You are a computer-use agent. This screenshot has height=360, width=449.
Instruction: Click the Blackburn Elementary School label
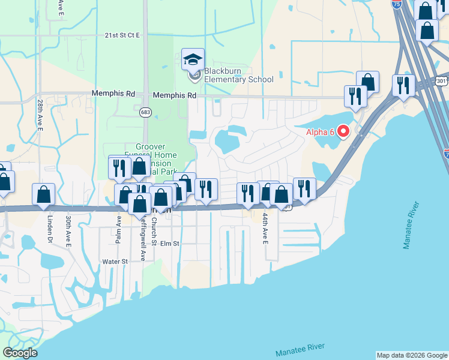[238, 75]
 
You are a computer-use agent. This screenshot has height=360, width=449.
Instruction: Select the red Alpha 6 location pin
[343, 130]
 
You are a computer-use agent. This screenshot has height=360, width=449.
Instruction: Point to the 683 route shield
[146, 112]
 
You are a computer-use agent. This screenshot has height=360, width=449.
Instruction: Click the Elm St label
[170, 244]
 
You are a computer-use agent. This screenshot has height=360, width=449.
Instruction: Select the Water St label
[115, 262]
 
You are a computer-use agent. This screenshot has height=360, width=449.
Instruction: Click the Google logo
[20, 353]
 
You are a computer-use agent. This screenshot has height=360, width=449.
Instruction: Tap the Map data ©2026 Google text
[412, 355]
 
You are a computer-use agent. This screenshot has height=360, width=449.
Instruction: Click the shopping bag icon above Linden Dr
[44, 194]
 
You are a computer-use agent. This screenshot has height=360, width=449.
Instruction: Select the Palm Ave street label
[119, 229]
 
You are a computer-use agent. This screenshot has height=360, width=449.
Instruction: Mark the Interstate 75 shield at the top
[396, 4]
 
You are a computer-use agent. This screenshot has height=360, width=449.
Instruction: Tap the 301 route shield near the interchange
[441, 80]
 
